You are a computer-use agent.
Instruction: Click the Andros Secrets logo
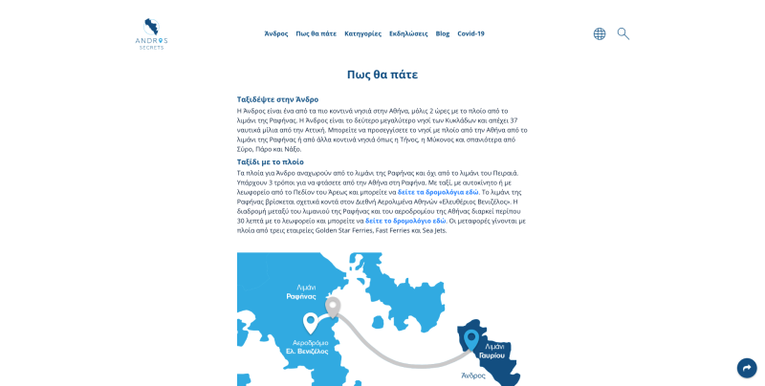151,32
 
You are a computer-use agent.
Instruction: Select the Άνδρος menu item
276,33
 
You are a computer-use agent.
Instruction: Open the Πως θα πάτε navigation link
317,33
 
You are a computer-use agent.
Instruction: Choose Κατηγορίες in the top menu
362,33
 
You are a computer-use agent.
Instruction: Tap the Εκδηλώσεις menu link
408,33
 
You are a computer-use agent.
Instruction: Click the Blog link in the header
443,33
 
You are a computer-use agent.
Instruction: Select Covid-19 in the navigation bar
470,33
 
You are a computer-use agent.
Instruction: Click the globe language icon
600,33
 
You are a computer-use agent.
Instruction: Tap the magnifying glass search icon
623,33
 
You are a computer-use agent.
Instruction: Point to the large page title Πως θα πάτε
382,75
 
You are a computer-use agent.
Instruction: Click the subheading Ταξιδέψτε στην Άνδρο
277,99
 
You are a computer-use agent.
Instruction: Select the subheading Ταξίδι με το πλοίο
271,161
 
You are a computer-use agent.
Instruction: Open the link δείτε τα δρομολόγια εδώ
438,192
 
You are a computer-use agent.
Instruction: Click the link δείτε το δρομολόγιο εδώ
405,221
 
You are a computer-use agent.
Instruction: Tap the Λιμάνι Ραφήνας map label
300,292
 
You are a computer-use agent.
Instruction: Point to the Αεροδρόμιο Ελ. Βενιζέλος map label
306,347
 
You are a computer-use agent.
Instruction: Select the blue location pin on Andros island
470,339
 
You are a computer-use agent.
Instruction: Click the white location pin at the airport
311,322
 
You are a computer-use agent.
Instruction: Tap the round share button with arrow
747,368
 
